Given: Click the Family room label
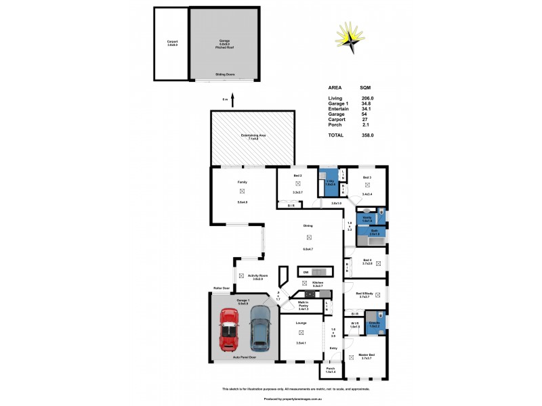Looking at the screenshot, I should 242,183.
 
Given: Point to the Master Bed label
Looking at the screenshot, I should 367,355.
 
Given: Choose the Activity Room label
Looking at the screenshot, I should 257,275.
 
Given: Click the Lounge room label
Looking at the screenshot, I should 301,323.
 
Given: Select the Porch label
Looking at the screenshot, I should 331,368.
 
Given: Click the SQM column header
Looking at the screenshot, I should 365,88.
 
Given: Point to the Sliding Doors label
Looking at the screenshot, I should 226,74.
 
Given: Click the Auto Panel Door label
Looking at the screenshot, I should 243,357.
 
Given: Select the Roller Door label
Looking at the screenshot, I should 222,288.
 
